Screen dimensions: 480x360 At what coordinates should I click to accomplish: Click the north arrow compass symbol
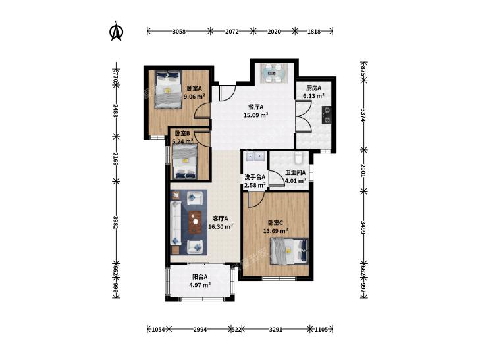click(x=116, y=31)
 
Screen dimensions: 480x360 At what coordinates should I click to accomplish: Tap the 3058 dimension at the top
click(x=179, y=31)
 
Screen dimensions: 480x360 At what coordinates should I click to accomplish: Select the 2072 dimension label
click(x=232, y=31)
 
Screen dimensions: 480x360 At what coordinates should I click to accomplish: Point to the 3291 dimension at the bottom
click(x=275, y=330)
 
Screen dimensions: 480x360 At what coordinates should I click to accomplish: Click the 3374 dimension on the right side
click(x=363, y=115)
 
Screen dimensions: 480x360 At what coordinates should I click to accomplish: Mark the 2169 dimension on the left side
click(x=115, y=159)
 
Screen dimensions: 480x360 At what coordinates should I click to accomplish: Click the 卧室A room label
click(x=194, y=89)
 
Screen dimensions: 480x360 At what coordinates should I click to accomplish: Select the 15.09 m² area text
click(x=256, y=115)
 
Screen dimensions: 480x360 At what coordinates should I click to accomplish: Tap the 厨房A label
click(x=314, y=88)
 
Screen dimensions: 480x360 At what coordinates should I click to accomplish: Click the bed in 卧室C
click(x=289, y=251)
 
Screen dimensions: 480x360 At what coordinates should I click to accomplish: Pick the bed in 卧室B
click(x=185, y=161)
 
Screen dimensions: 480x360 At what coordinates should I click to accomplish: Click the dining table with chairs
click(x=274, y=73)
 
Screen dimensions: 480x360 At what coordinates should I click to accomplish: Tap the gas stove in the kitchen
click(x=327, y=115)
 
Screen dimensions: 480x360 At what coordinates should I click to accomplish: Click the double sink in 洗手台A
click(x=255, y=157)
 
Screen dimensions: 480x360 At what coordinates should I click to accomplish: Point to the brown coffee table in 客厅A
click(x=195, y=222)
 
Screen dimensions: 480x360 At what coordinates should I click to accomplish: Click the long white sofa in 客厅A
click(x=176, y=223)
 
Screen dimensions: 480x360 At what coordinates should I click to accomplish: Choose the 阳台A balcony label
click(x=200, y=277)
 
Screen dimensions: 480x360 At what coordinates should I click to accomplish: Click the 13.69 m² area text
click(x=276, y=231)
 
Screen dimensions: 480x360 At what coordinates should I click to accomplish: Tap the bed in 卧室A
click(x=168, y=90)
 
